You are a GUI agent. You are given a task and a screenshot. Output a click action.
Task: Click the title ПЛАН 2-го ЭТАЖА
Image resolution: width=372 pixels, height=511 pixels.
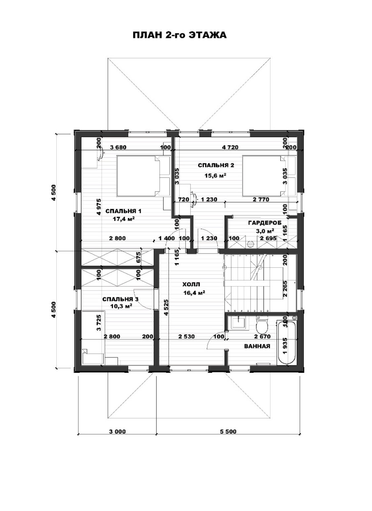click(x=180, y=35)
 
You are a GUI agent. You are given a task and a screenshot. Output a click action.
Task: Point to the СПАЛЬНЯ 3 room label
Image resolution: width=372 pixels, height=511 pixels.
click(x=120, y=299)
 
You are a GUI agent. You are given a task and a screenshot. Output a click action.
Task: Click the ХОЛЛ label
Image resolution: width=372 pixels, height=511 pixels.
click(x=191, y=284)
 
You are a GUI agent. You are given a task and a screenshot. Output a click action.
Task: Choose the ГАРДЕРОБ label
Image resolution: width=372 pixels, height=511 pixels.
click(x=265, y=223)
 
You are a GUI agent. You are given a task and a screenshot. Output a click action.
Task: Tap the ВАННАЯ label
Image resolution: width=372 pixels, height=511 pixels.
click(x=257, y=346)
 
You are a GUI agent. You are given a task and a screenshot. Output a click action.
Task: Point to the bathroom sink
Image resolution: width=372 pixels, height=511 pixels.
click(x=239, y=323)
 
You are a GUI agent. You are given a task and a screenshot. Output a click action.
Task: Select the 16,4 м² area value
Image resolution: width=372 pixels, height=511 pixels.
click(x=194, y=293)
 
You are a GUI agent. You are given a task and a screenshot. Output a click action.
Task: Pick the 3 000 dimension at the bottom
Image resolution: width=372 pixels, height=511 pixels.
click(x=117, y=431)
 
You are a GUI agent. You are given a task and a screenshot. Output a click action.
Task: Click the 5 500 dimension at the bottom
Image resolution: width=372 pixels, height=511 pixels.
click(x=228, y=431)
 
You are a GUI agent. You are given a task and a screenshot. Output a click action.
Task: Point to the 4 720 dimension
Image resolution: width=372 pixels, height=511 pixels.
click(x=230, y=147)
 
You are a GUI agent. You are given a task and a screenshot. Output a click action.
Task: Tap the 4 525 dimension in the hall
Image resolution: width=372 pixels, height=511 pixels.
click(x=166, y=307)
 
